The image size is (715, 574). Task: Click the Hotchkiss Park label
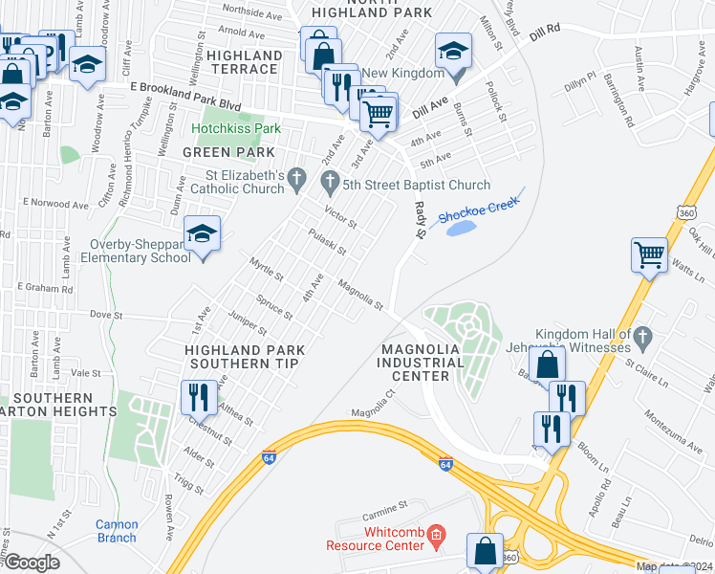(x=235, y=128)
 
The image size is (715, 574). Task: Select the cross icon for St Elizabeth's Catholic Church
(x=297, y=179)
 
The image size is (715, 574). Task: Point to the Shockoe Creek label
(x=478, y=210)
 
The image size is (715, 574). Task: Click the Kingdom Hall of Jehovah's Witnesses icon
(x=642, y=337)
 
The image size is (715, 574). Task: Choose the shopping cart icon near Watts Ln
(x=649, y=255)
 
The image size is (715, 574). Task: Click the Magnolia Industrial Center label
(x=421, y=363)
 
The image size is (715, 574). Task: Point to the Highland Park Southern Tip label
(x=242, y=357)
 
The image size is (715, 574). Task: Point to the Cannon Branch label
(x=117, y=531)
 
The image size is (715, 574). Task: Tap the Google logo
(x=31, y=563)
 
